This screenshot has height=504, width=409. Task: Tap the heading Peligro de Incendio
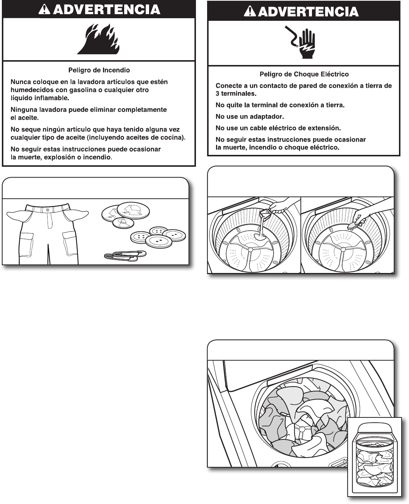point(99,70)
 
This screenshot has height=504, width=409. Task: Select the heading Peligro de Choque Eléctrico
point(304,74)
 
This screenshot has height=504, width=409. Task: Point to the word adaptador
point(265,117)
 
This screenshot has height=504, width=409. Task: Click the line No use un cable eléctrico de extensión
point(278,128)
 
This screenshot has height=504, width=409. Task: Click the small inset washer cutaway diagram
point(374,457)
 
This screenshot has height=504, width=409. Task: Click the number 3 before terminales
point(218,94)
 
